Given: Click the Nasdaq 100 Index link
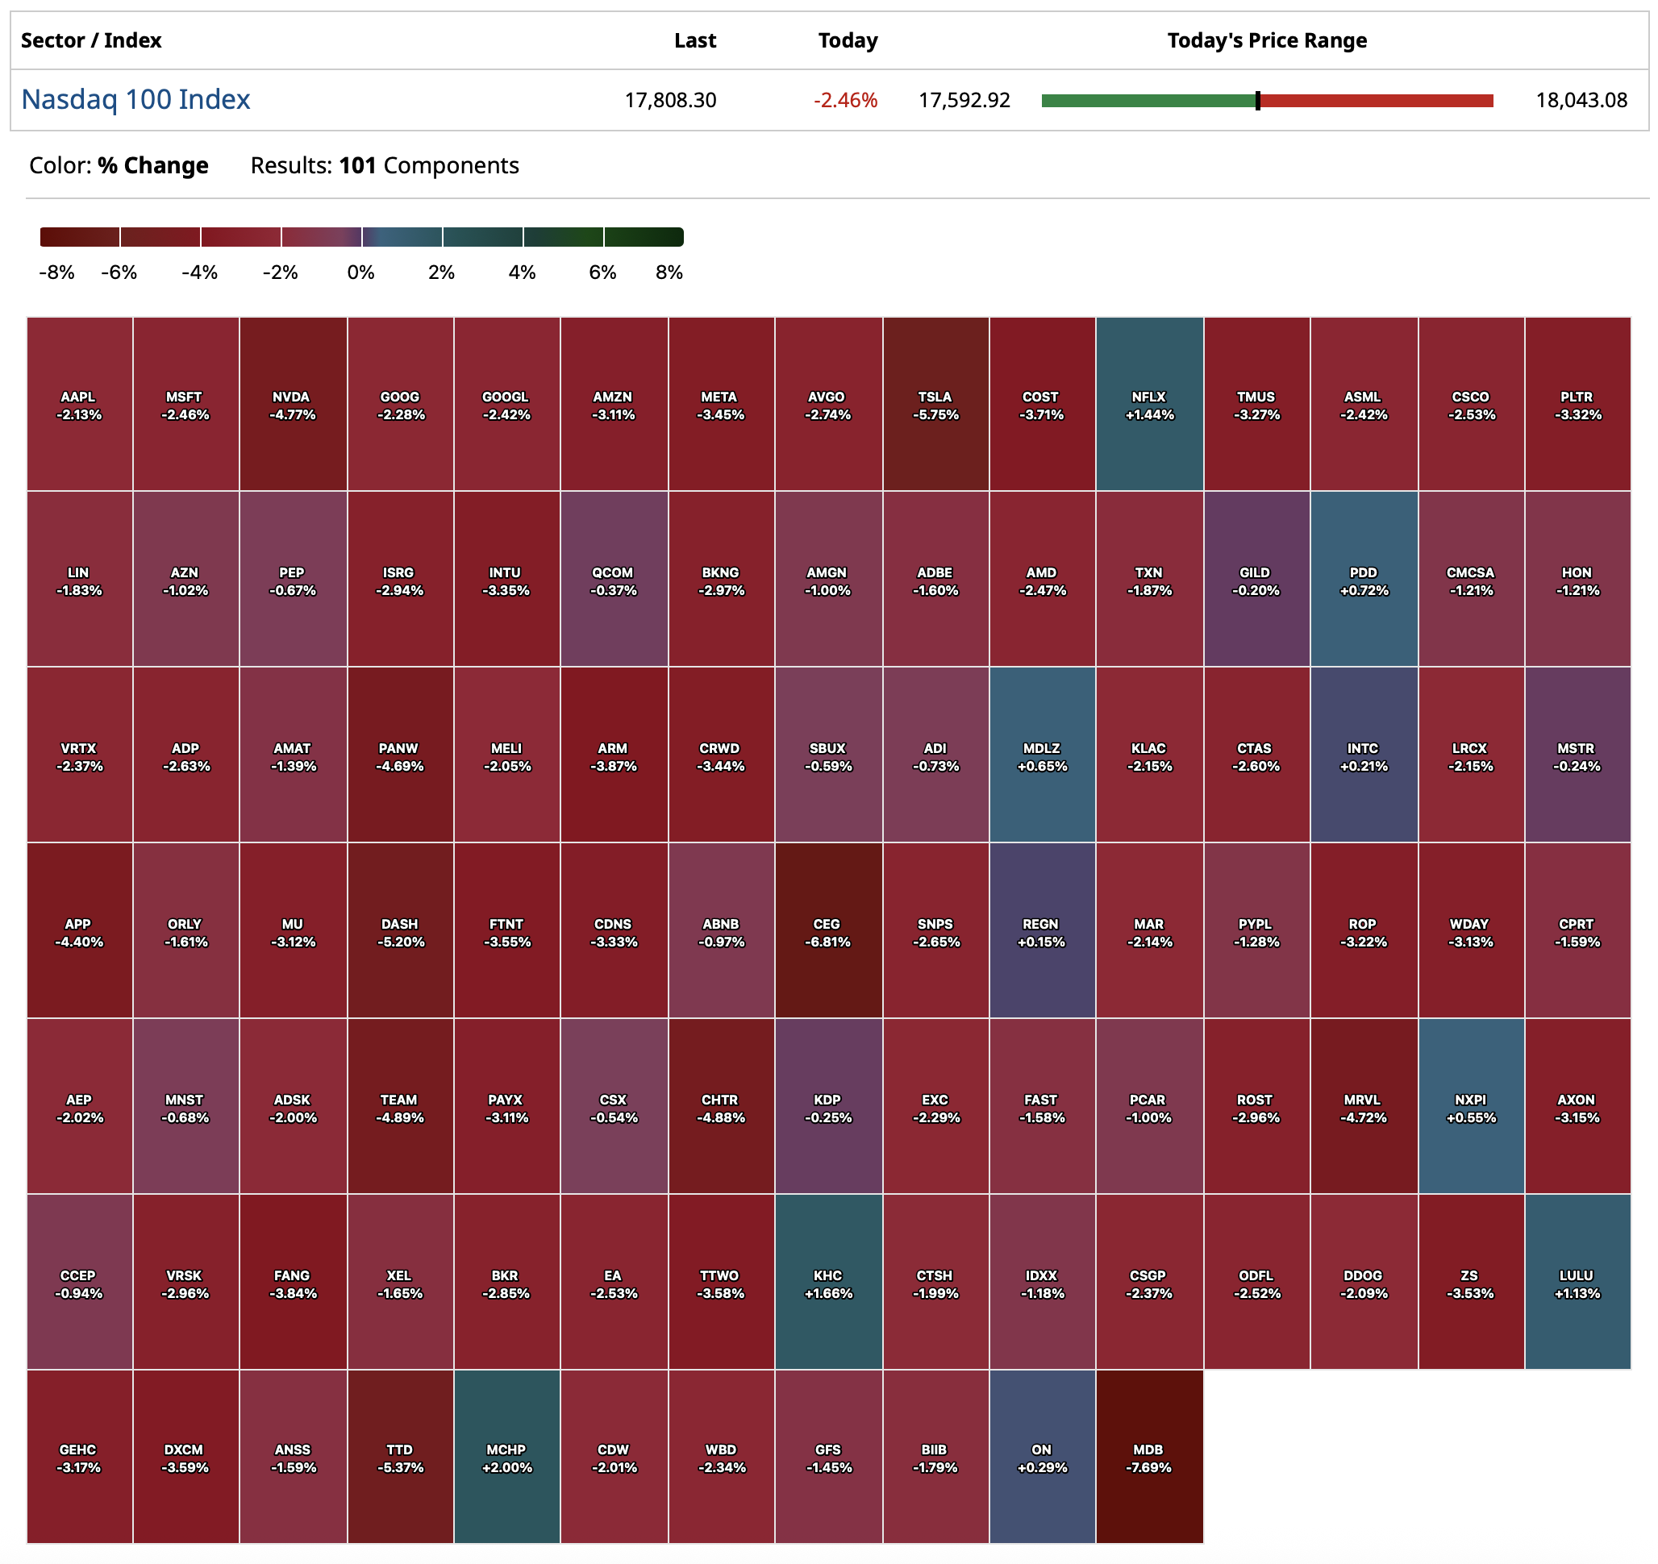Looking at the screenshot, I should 135,100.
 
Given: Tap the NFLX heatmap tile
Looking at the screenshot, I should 1149,405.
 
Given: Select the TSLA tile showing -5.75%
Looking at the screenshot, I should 935,405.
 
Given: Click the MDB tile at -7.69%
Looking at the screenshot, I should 1148,1458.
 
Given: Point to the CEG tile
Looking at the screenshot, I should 827,931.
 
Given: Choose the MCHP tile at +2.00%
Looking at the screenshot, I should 506,1458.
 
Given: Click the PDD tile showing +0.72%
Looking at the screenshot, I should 1364,580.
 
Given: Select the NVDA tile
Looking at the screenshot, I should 292,405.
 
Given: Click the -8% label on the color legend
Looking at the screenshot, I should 56,272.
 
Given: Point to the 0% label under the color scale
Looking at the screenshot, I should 361,272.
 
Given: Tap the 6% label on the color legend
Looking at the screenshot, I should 602,272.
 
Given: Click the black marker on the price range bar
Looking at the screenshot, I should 1258,101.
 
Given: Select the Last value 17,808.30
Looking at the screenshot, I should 671,101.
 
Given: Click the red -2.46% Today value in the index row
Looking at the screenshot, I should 846,101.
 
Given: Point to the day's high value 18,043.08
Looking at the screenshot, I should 1581,101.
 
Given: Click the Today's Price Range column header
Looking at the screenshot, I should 1267,40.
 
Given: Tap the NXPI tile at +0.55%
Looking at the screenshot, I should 1470,1107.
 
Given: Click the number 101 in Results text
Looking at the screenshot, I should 358,166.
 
